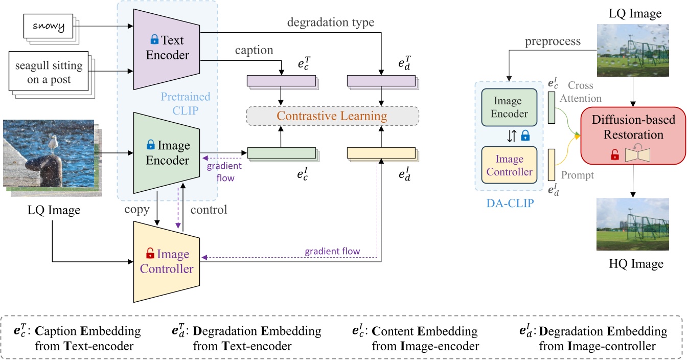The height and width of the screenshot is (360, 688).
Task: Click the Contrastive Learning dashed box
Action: tap(332, 116)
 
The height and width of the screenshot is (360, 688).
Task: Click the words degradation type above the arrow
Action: tap(331, 22)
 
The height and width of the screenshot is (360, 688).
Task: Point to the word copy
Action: tap(136, 210)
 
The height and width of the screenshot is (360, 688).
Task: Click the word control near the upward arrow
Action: tap(209, 210)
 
